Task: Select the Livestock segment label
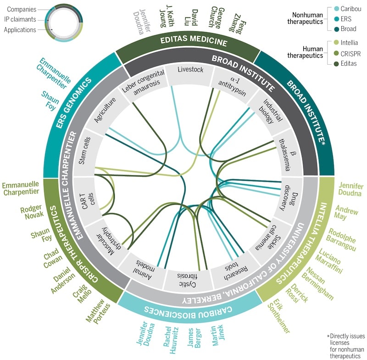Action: click(x=190, y=71)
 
